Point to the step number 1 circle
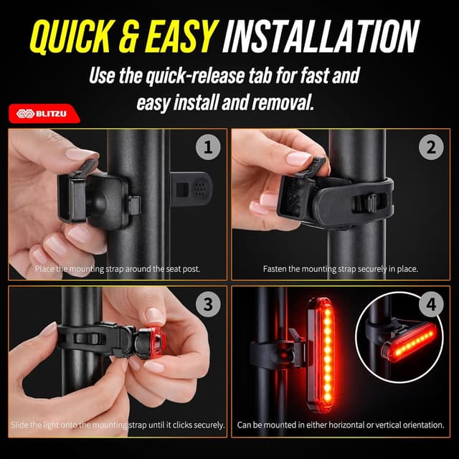point(208,149)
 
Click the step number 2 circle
point(430,149)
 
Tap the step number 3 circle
point(208,304)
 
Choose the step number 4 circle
point(430,304)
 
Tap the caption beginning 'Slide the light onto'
point(118,425)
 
